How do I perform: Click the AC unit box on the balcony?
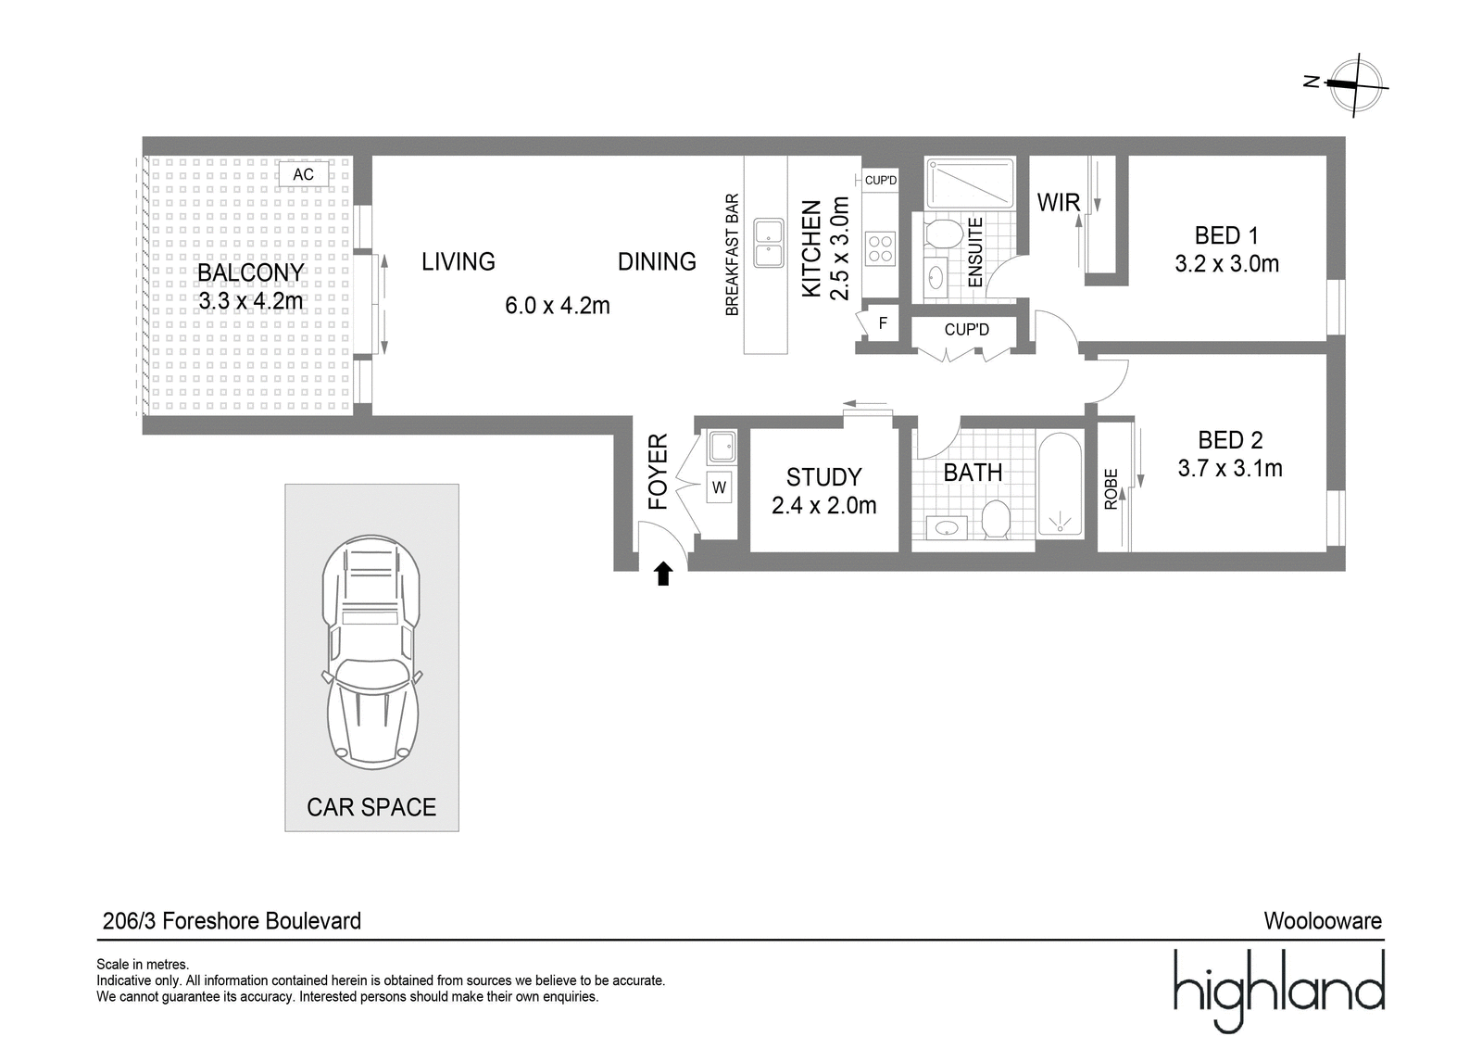coord(304,174)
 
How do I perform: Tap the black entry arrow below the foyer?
coord(663,574)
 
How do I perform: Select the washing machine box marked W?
coord(719,487)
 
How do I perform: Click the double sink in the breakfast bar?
coord(768,243)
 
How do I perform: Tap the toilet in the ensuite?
coord(944,234)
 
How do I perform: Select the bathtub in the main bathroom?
coord(1060,485)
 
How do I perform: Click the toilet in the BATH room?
coord(995,519)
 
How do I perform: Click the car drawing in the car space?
coord(371,651)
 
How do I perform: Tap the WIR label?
coord(1058,203)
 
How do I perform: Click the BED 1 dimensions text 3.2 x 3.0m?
coord(1226,264)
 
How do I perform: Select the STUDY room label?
coord(823,477)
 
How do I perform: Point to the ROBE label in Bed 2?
coord(1111,489)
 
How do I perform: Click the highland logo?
coord(1278,992)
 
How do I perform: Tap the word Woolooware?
coord(1323,920)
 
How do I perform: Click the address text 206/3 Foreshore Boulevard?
coord(232,920)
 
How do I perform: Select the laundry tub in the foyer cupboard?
coord(722,447)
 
